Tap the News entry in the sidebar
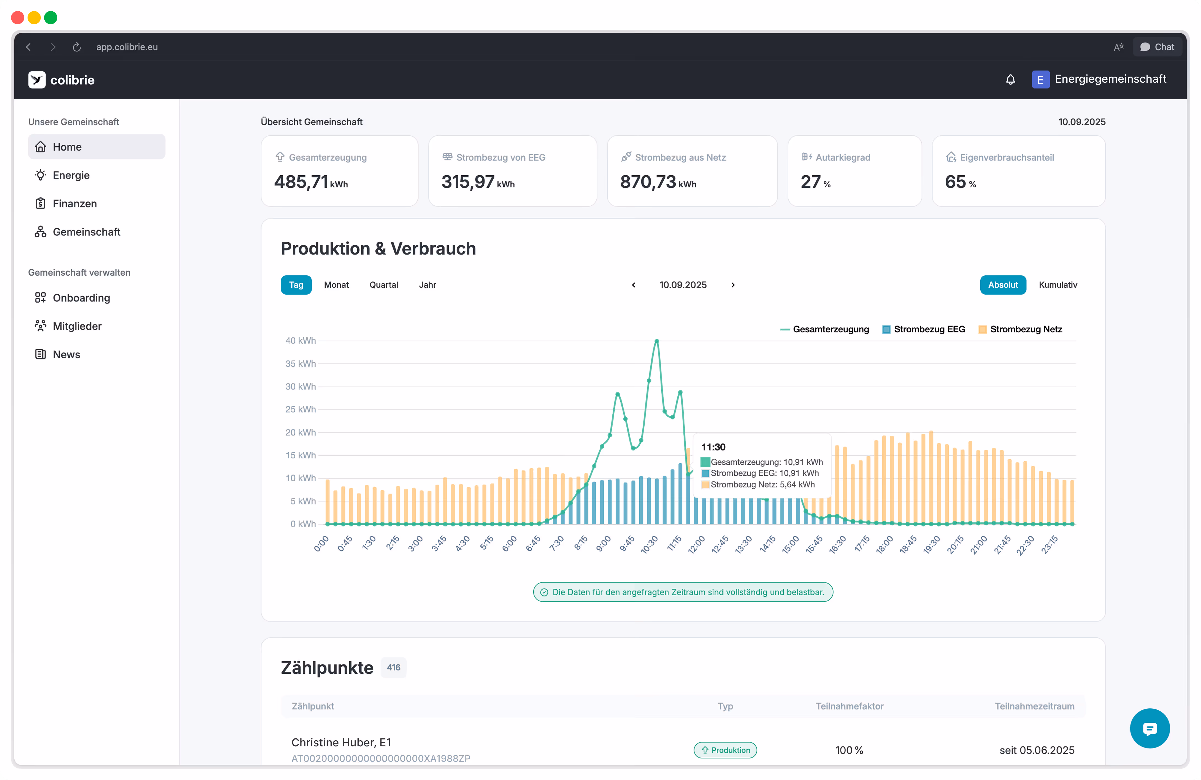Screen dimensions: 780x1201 coord(66,354)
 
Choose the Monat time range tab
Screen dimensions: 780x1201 coord(336,285)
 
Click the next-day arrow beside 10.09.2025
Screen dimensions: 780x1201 coord(733,285)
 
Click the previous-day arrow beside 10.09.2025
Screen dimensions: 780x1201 coord(634,285)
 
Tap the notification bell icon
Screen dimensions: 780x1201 coord(1010,79)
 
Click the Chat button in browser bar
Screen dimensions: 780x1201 coord(1157,47)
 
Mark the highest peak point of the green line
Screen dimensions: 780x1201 coord(656,341)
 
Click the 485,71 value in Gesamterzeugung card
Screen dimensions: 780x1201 coord(301,182)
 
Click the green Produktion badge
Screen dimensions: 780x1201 coord(725,750)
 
